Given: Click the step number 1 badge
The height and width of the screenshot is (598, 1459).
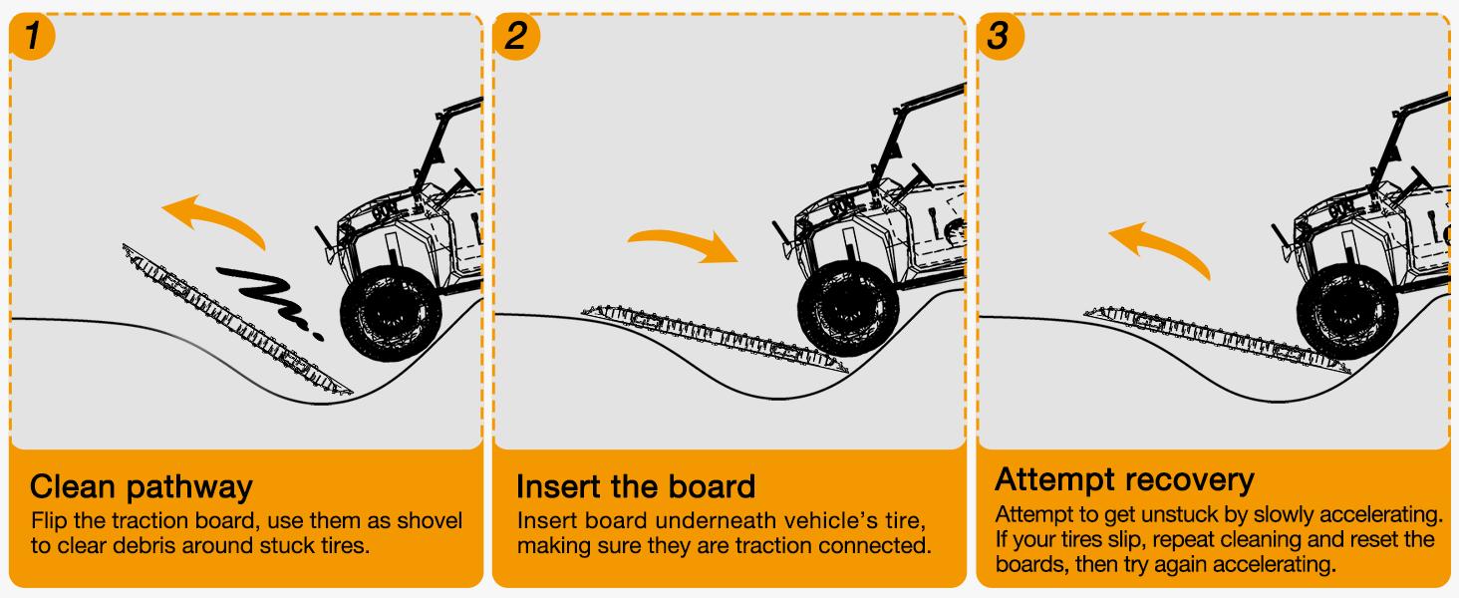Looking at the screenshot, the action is tap(31, 36).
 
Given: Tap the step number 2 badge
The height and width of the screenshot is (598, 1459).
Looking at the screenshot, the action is tap(516, 36).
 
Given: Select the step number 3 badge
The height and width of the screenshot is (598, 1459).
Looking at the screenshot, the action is tap(1000, 36).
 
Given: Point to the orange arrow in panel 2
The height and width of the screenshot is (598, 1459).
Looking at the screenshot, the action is tap(684, 240).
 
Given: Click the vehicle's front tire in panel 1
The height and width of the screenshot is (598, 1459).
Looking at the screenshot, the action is tap(391, 314).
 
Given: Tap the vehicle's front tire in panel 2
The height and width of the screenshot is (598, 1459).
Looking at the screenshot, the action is tap(849, 309).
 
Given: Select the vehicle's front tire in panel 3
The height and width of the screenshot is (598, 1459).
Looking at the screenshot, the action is tap(1347, 311).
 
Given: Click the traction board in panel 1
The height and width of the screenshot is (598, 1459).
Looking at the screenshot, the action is tap(237, 319).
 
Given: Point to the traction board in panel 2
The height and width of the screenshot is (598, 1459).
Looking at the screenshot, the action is tap(716, 338).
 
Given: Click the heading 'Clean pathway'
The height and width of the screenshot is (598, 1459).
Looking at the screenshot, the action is tap(141, 487).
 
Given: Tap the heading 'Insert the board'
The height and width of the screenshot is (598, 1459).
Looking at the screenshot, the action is tap(636, 486).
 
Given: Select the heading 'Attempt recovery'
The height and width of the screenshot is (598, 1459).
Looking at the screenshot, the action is tap(1124, 480).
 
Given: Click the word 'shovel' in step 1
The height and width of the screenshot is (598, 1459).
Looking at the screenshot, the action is tap(430, 520).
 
